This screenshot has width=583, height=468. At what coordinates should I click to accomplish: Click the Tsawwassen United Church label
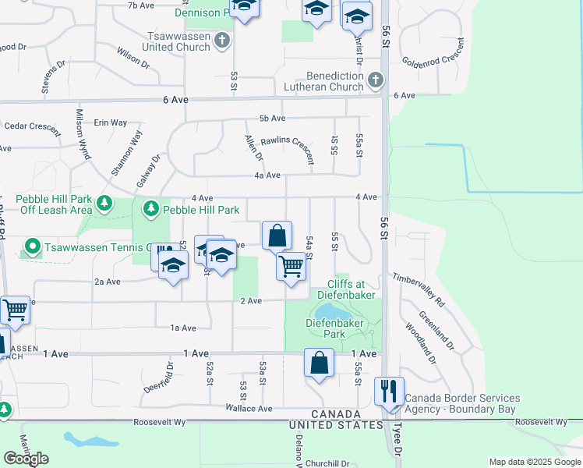coord(178,41)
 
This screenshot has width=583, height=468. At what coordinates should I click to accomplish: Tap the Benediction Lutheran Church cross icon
coord(375,80)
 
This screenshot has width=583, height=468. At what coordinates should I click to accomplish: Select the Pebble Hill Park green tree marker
coord(150,209)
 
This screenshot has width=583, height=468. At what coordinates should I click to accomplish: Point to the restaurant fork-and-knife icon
coord(389,391)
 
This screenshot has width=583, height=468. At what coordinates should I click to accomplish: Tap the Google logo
coord(26,459)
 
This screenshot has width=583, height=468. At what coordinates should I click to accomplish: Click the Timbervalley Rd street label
coord(418,289)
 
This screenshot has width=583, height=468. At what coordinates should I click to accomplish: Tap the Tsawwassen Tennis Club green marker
coord(32,247)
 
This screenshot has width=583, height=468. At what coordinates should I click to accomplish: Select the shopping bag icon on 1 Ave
coord(319,363)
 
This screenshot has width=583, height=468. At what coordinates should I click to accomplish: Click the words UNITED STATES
coord(336,425)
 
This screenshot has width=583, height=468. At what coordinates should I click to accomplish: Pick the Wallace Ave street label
coord(249,408)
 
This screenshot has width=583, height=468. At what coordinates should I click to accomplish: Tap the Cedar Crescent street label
coord(32,126)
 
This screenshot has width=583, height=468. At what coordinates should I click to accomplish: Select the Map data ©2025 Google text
coord(534,462)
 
